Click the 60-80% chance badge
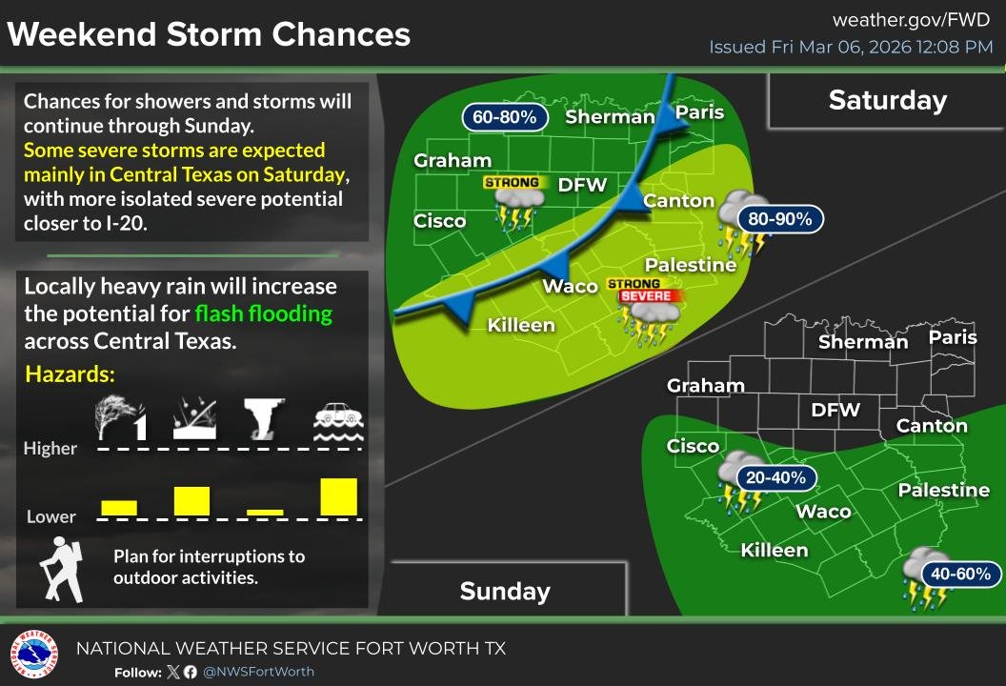[x=505, y=117]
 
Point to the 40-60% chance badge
[x=967, y=574]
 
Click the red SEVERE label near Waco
[x=647, y=296]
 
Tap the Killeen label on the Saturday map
[x=521, y=325]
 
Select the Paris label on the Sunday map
[x=954, y=337]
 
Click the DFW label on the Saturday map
[x=582, y=185]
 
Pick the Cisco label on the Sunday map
[x=693, y=446]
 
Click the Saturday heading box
[x=887, y=100]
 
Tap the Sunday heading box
[x=505, y=591]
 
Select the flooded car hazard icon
[x=339, y=420]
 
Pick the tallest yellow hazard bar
[x=339, y=496]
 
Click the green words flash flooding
[x=264, y=313]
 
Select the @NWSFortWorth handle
[x=258, y=672]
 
